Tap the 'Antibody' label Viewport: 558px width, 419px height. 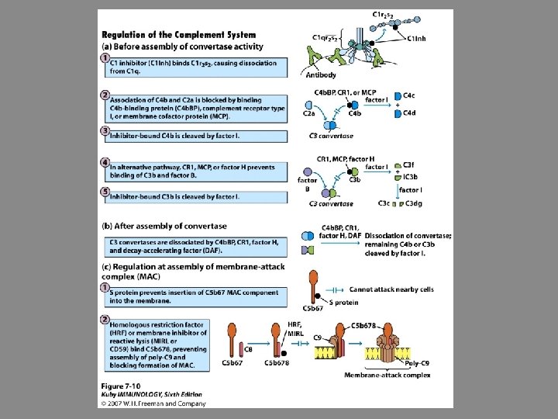click(321, 76)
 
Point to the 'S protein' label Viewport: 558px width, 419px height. click(344, 301)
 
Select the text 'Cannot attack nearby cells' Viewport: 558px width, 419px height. click(392, 289)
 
